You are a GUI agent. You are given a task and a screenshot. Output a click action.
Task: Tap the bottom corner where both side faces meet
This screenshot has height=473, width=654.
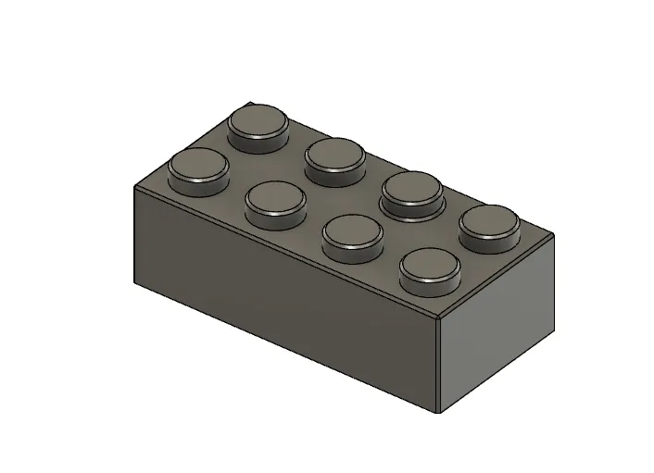click(x=438, y=413)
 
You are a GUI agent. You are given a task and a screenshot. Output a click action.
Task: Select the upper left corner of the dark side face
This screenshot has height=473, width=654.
click(x=134, y=189)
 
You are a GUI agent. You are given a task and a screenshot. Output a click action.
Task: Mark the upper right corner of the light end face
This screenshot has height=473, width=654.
click(x=555, y=237)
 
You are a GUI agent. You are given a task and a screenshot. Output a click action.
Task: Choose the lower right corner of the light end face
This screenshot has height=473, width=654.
click(x=555, y=330)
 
